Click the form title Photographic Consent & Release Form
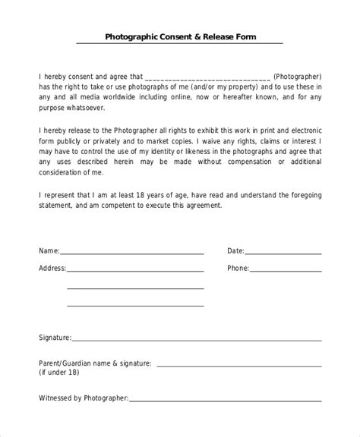tap(180, 36)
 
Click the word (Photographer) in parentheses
tap(298, 76)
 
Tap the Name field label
tap(49, 250)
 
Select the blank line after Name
tap(132, 252)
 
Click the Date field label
tap(235, 250)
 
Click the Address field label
tap(52, 268)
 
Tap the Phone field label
tap(238, 268)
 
